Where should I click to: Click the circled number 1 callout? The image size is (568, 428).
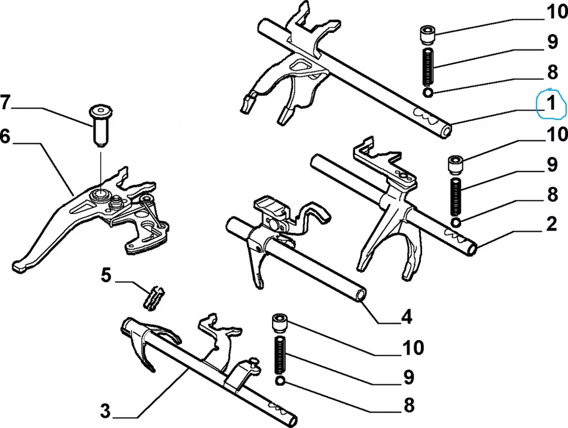click(550, 104)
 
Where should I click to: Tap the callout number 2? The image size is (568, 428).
click(550, 225)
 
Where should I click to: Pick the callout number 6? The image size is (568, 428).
click(5, 137)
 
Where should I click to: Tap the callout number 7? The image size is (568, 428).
click(5, 103)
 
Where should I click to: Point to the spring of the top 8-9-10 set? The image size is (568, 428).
click(429, 66)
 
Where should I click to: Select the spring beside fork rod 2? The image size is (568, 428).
click(457, 196)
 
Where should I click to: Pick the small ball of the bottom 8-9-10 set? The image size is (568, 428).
click(279, 380)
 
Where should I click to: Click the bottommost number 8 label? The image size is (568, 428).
click(408, 405)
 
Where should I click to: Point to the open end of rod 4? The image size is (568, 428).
click(360, 295)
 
